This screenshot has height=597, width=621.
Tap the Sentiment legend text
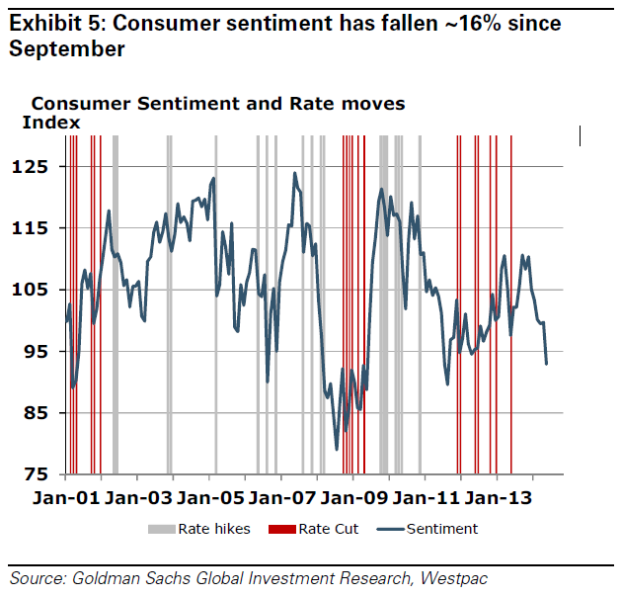441,529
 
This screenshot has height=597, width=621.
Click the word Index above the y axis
51,122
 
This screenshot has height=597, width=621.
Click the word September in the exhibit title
67,48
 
